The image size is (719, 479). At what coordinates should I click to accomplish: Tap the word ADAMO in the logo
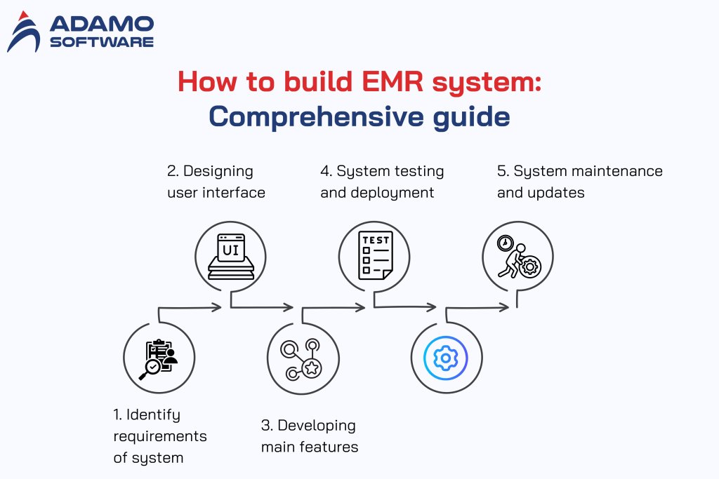coord(101,25)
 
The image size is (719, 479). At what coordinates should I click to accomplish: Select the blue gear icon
coord(446,358)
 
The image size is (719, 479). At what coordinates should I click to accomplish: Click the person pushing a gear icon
coord(517,255)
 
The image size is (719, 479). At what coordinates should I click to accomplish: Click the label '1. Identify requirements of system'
coord(160,436)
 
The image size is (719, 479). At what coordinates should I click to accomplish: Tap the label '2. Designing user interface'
coord(216,182)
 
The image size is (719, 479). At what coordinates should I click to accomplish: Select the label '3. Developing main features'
coord(309,436)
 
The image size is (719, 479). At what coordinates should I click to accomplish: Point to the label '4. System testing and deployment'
coord(382,182)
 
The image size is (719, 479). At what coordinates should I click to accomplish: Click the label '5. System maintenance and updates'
coord(579,182)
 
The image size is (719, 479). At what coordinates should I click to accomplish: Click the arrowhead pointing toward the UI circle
coord(218,306)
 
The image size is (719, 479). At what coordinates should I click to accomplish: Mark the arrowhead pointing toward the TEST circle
coord(361,306)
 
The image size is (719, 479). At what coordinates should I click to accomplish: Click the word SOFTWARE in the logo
coord(101,41)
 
